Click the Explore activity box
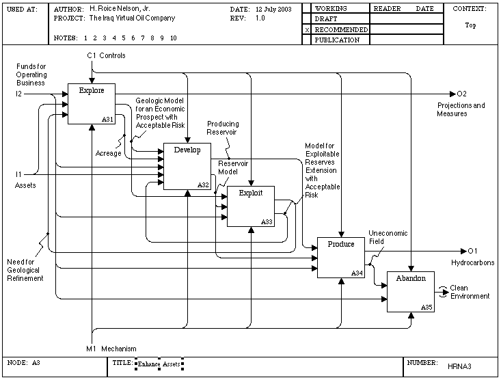click(x=92, y=104)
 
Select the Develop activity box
click(x=187, y=166)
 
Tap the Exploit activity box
click(x=251, y=206)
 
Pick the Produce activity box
click(x=341, y=258)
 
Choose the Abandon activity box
click(x=411, y=292)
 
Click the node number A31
click(x=108, y=119)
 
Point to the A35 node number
click(x=426, y=308)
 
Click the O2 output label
click(x=462, y=94)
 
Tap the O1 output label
click(x=472, y=251)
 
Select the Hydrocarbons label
click(x=472, y=262)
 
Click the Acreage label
click(x=108, y=153)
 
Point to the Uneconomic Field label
click(x=388, y=237)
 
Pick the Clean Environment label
click(x=470, y=292)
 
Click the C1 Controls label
click(x=106, y=55)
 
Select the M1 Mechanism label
click(x=111, y=349)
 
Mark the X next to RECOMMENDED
click(x=307, y=30)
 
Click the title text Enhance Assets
click(x=159, y=364)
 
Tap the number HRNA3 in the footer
click(x=459, y=366)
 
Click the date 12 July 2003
click(x=273, y=10)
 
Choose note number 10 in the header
click(x=174, y=38)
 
